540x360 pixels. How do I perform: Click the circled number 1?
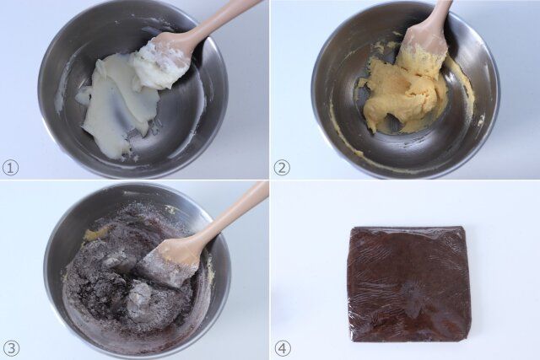(10, 168)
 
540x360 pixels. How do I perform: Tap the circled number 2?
(282, 168)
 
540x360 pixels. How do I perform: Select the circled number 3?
(11, 349)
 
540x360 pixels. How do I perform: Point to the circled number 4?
(282, 349)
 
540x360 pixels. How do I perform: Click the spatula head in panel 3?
(171, 262)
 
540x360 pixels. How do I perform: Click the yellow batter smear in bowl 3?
(94, 234)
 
